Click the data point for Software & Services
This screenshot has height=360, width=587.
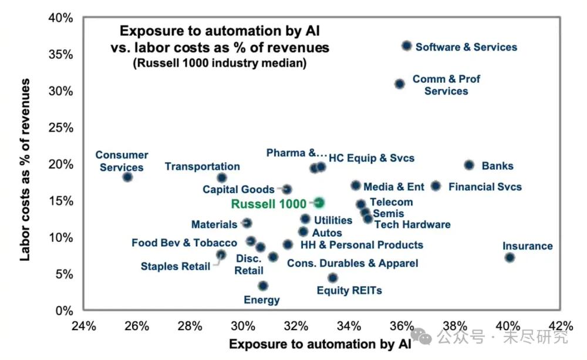coord(407,46)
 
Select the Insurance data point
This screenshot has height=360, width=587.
coord(510,258)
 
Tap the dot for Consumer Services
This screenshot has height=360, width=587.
coord(127,177)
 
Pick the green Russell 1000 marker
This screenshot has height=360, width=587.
coord(319,203)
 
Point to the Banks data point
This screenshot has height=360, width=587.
coord(469,166)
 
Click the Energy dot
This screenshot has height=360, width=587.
coord(263,286)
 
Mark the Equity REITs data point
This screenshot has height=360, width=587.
coord(333,278)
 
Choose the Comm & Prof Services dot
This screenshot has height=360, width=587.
coord(399,84)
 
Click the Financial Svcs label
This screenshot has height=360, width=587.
coord(485,187)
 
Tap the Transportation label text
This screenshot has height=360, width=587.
coord(202,167)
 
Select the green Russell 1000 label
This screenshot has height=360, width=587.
coord(268,204)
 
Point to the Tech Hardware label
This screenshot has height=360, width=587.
coord(412,224)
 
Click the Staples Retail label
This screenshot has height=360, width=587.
coord(175,267)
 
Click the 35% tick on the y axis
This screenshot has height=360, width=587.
coord(61,55)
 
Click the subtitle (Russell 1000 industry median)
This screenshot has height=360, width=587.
coord(220,62)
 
